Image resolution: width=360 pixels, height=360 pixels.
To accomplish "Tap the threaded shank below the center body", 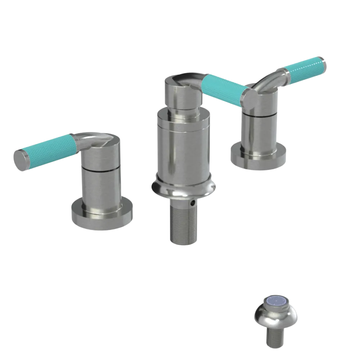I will (183, 223).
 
